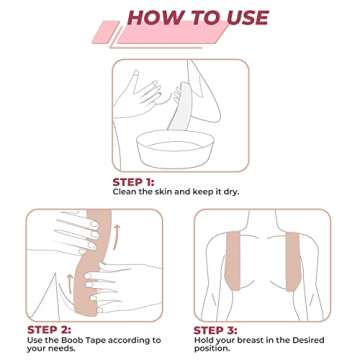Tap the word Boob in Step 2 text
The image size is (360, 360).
79,340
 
